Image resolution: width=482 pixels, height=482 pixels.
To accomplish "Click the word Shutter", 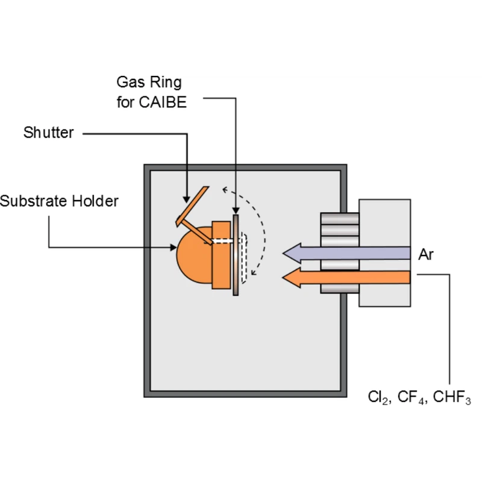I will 48,133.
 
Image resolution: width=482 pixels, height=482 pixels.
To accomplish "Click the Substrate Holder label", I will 59,201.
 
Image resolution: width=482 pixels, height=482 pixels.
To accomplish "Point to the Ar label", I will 426,255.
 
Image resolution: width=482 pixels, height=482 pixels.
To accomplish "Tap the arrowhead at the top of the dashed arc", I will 224,190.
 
